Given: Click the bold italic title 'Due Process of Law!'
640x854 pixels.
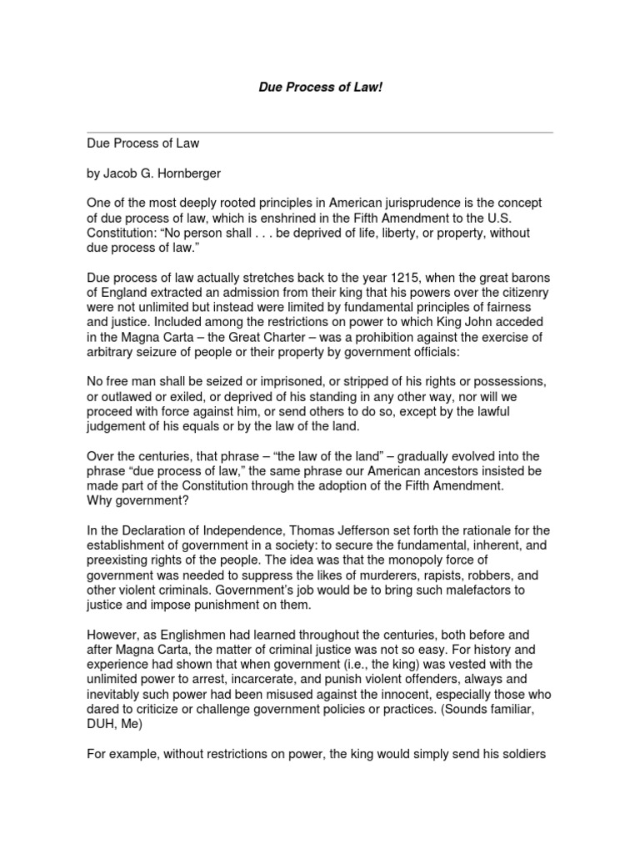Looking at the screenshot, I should pos(319,88).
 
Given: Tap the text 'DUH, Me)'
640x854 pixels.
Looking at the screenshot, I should pos(116,726).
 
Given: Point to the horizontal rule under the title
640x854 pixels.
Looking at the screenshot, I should pos(319,132).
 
